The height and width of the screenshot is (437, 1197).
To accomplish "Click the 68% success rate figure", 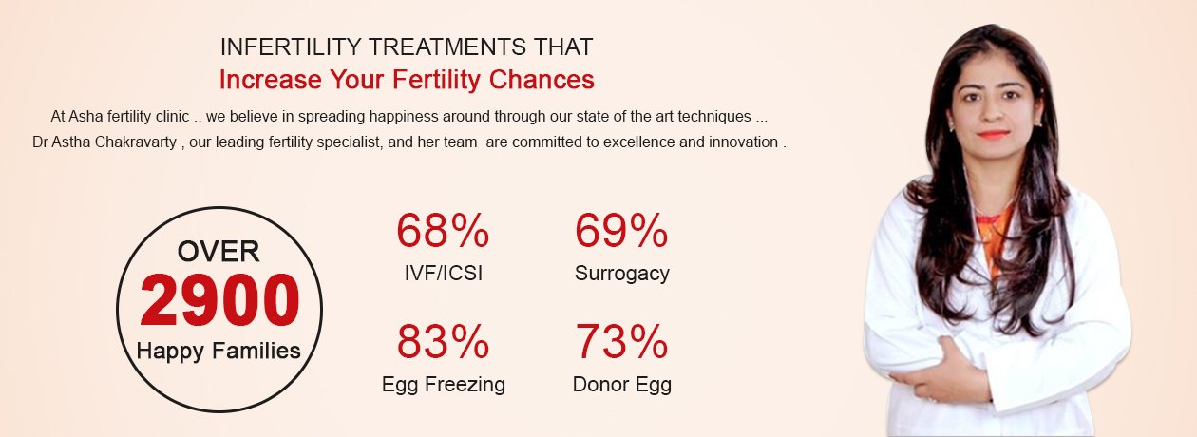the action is click(443, 231).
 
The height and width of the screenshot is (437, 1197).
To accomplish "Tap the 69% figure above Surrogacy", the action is click(621, 231).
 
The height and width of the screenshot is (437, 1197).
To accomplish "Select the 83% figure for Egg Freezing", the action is click(443, 341).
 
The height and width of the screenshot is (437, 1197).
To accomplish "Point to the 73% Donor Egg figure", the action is click(621, 341).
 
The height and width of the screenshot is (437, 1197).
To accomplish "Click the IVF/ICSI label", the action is click(443, 273).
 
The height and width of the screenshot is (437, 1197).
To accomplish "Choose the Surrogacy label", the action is click(621, 274).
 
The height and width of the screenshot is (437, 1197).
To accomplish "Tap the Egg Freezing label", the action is click(443, 385).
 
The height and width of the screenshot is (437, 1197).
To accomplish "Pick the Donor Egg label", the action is click(621, 385).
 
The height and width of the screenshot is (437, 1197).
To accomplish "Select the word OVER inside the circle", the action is click(218, 252).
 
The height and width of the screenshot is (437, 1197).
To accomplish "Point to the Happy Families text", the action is click(218, 351).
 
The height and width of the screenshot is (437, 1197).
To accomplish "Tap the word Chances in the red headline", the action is click(541, 80).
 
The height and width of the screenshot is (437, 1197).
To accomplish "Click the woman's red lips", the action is click(993, 135).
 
